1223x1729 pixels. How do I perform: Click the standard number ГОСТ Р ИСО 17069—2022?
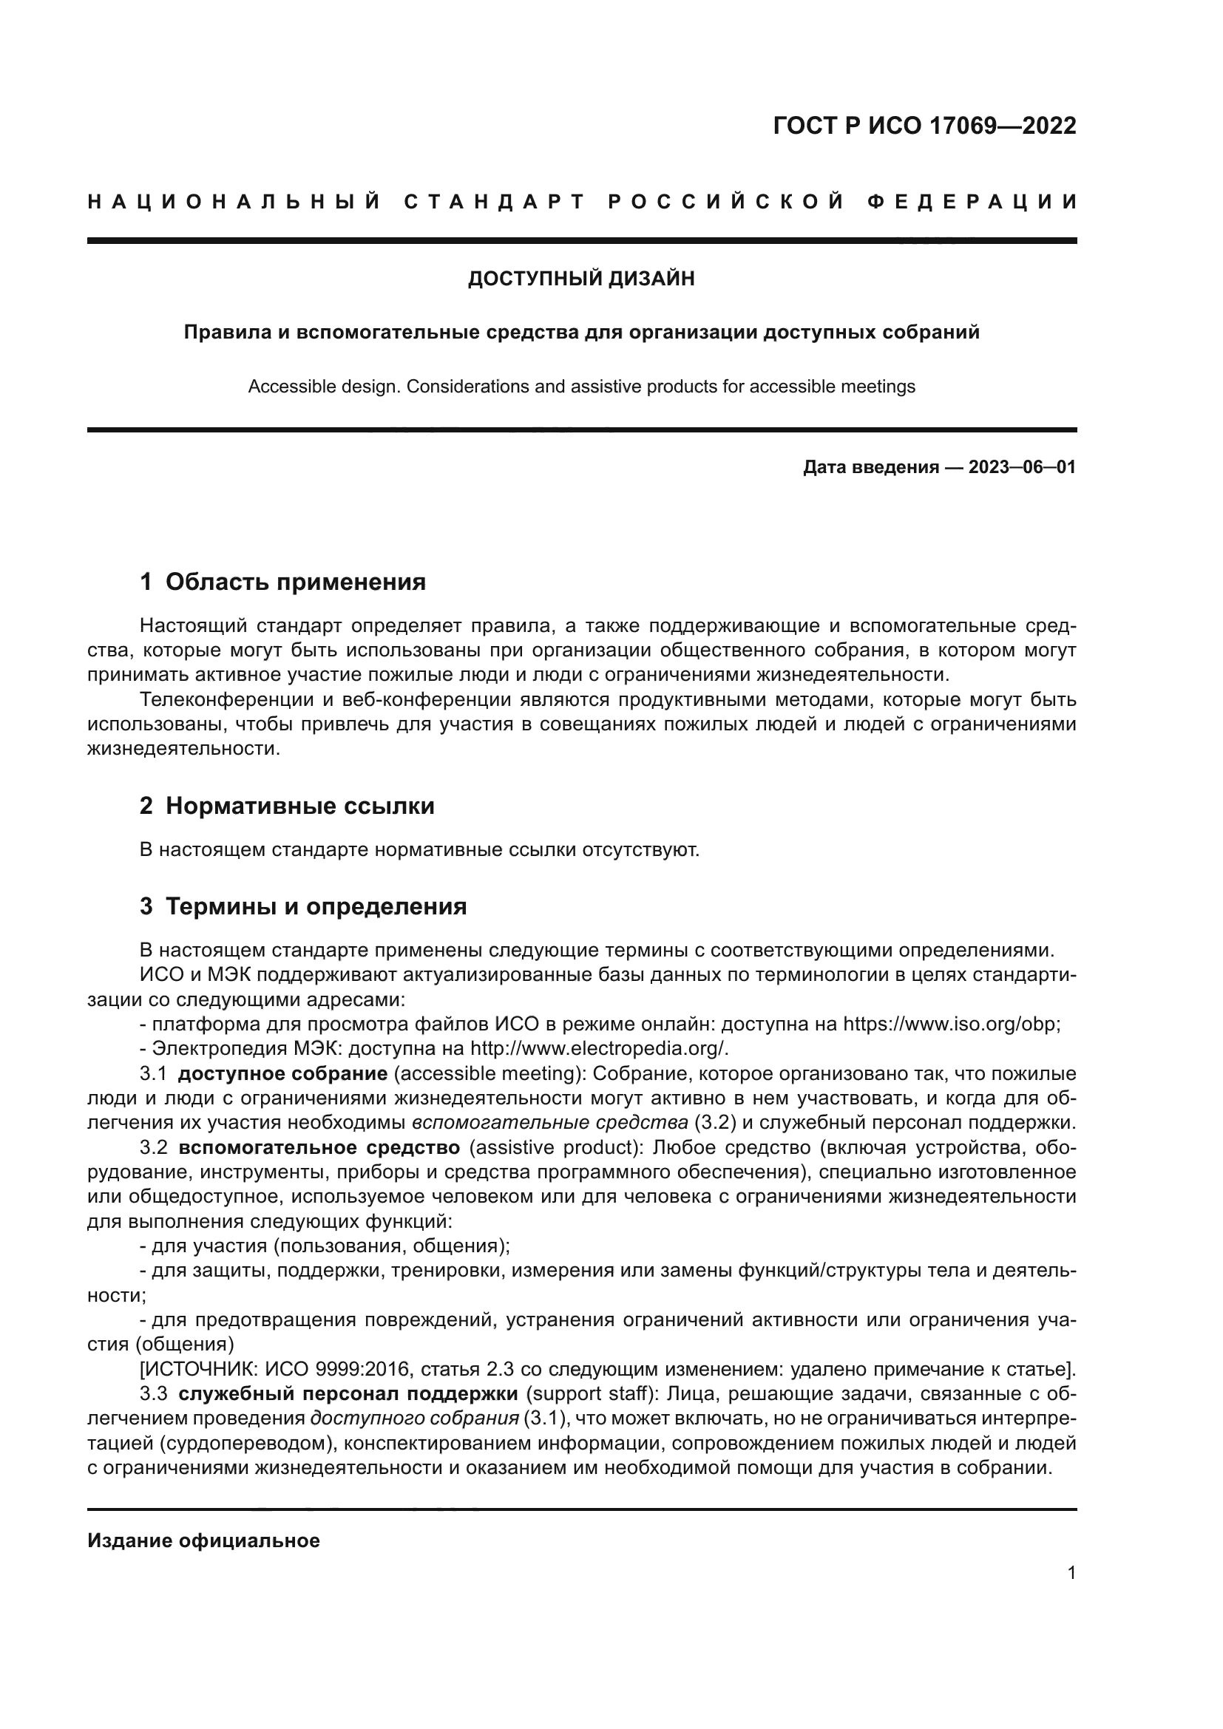pyautogui.click(x=924, y=126)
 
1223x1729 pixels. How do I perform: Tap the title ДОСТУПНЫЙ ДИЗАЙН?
pyautogui.click(x=581, y=279)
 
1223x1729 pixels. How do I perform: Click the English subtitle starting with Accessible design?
pyautogui.click(x=581, y=387)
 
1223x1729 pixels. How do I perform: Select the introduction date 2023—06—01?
pyautogui.click(x=1022, y=468)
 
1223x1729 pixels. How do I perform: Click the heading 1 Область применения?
pyautogui.click(x=283, y=582)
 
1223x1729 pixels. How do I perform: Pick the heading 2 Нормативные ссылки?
pyautogui.click(x=287, y=806)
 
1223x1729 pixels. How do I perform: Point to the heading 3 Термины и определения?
pyautogui.click(x=303, y=907)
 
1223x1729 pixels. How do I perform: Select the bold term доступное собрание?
pyautogui.click(x=282, y=1074)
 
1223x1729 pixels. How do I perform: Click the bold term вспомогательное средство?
pyautogui.click(x=319, y=1149)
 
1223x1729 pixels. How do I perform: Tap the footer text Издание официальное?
pyautogui.click(x=203, y=1541)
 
